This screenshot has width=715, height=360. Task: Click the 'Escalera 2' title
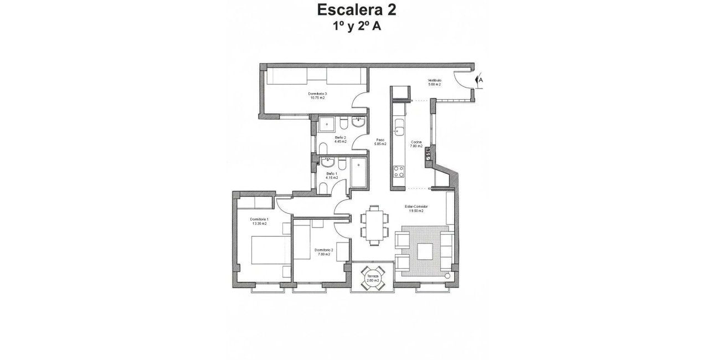coord(357,9)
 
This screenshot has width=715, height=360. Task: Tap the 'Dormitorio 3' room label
coord(317,94)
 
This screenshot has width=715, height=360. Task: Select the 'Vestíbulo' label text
coord(434,80)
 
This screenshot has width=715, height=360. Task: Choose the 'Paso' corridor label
coord(380,140)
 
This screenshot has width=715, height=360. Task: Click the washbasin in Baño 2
coord(358,121)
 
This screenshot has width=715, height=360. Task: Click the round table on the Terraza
coord(372,276)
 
